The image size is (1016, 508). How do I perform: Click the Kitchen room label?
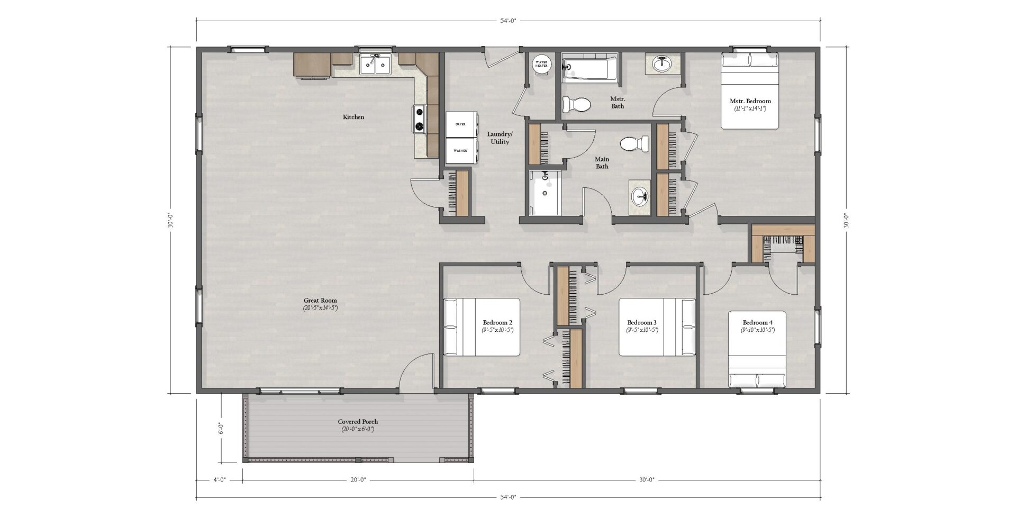tap(353, 117)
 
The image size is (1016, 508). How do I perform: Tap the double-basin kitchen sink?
tap(375, 64)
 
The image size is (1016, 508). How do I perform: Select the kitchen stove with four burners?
tap(420, 119)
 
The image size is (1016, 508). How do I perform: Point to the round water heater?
tap(541, 65)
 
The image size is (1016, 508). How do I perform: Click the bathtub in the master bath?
tap(589, 68)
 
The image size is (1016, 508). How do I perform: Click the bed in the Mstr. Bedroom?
tap(750, 90)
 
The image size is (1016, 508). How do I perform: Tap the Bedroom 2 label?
tap(497, 322)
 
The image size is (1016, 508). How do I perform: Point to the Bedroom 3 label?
tap(642, 322)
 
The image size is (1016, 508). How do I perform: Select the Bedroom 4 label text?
tap(757, 322)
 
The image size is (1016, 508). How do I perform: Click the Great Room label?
tap(320, 300)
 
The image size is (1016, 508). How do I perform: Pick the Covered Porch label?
tap(358, 422)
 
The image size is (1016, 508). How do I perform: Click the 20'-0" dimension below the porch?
tap(358, 480)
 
